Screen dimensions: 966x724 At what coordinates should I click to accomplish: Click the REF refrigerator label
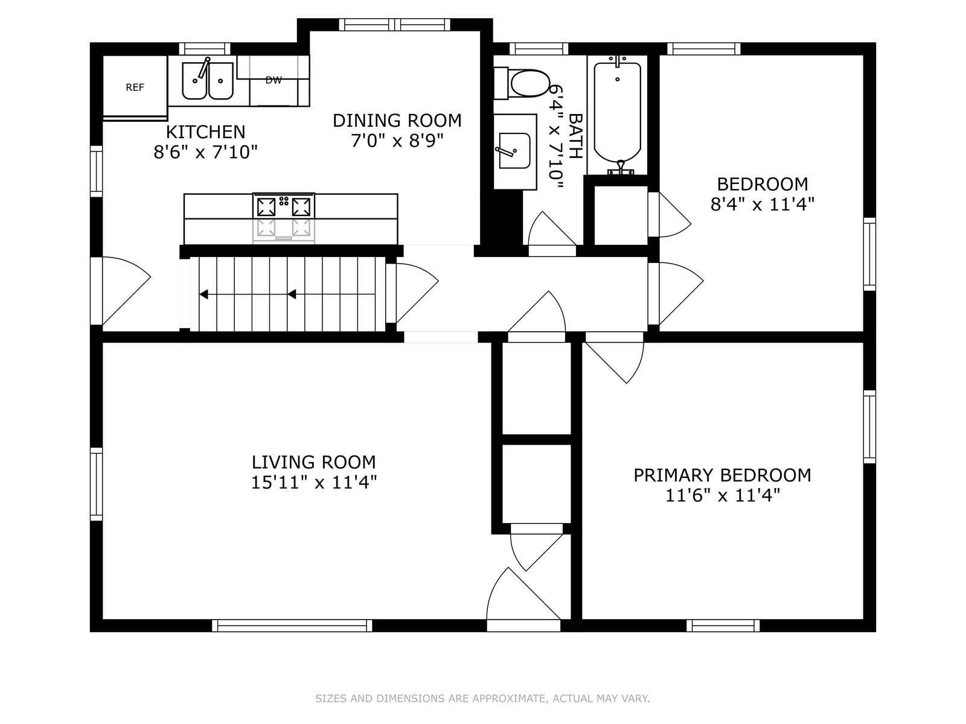coord(135,87)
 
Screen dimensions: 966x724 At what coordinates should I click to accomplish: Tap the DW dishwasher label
coord(273,80)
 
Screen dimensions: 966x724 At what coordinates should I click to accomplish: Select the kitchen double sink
coord(208,80)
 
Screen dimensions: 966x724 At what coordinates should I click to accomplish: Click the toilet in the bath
coord(522,83)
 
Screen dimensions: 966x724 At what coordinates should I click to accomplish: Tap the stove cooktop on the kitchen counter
coord(283,206)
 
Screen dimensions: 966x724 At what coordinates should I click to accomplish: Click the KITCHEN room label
coord(205,132)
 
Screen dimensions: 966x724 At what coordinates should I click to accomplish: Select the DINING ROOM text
coord(397,121)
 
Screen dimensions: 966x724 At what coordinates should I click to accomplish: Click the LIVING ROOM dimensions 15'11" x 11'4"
coord(314,483)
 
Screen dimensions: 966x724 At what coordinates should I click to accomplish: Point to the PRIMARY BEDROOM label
coord(722,475)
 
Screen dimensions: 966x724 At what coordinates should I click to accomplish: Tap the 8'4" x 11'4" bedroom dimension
coord(763,205)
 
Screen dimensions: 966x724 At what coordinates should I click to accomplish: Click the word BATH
coord(575,136)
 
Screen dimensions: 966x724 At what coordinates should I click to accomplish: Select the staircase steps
coord(287,294)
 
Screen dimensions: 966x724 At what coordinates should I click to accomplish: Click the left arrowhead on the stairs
coord(203,294)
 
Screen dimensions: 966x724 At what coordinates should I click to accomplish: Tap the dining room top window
coord(395,25)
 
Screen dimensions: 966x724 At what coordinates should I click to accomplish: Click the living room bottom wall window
coord(292,625)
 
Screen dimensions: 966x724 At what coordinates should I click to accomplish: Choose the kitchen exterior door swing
coord(121,291)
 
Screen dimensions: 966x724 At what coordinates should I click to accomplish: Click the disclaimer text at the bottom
coord(482,698)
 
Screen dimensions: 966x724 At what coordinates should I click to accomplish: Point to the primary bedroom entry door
coord(615,357)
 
